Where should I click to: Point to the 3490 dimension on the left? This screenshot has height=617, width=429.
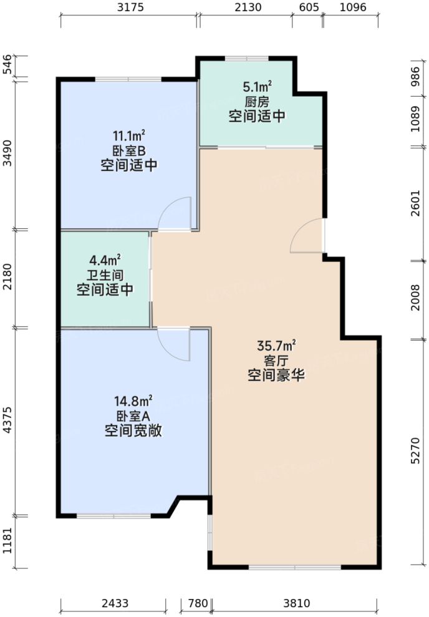point(7,153)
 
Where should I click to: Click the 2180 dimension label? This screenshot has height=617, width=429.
point(7,279)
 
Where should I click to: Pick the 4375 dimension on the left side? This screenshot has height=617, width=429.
point(7,422)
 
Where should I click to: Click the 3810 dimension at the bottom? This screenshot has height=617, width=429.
point(296,603)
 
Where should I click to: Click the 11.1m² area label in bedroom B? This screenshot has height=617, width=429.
point(129,135)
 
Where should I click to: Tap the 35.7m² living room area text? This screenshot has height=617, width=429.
point(276,346)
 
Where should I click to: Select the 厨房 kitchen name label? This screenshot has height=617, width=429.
point(257,101)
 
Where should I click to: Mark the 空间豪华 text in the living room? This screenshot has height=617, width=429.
point(276,376)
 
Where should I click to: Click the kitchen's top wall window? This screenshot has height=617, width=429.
point(246,59)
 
